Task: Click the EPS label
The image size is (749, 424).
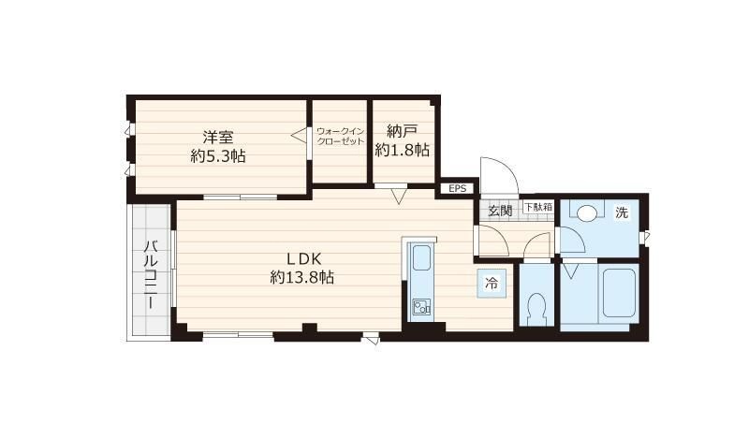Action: click(457, 189)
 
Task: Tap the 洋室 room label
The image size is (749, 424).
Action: click(218, 137)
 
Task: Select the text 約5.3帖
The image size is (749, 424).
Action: click(218, 155)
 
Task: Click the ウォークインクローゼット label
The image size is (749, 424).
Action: click(340, 136)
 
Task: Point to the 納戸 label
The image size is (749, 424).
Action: click(403, 131)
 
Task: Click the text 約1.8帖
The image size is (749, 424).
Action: click(403, 150)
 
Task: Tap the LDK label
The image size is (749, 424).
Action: click(303, 258)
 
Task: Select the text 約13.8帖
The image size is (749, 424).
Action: click(301, 277)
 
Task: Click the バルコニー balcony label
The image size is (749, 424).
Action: click(151, 275)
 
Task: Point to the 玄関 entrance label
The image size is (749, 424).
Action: click(500, 211)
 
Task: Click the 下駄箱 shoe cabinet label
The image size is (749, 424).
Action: click(538, 207)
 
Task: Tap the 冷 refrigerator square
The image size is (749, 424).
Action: click(491, 284)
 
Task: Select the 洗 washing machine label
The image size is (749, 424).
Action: click(622, 212)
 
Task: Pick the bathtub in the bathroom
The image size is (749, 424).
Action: click(619, 293)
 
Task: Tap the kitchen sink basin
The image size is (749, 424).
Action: click(421, 258)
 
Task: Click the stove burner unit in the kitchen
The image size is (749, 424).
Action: click(421, 307)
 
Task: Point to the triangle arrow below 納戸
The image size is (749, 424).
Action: click(398, 196)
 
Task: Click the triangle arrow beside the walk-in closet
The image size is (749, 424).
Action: click(299, 135)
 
